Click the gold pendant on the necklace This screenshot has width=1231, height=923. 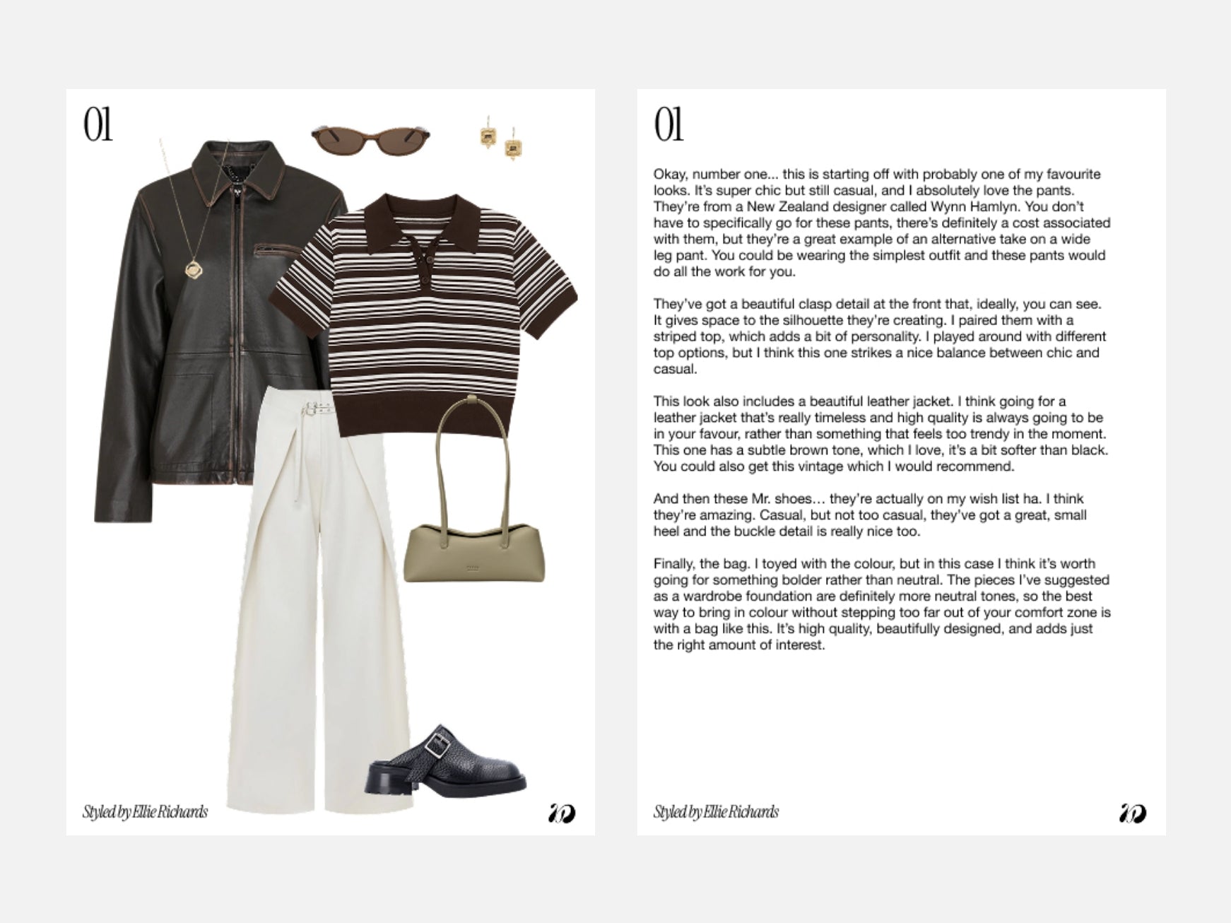pyautogui.click(x=192, y=269)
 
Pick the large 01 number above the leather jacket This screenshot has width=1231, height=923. pyautogui.click(x=98, y=125)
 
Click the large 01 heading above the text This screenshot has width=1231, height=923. pyautogui.click(x=668, y=125)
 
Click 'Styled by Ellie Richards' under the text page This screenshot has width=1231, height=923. pyautogui.click(x=715, y=812)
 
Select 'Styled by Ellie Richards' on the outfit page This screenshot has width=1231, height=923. pyautogui.click(x=145, y=812)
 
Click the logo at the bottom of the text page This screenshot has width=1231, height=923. pyautogui.click(x=1133, y=813)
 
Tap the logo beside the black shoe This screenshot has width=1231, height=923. pyautogui.click(x=562, y=813)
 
